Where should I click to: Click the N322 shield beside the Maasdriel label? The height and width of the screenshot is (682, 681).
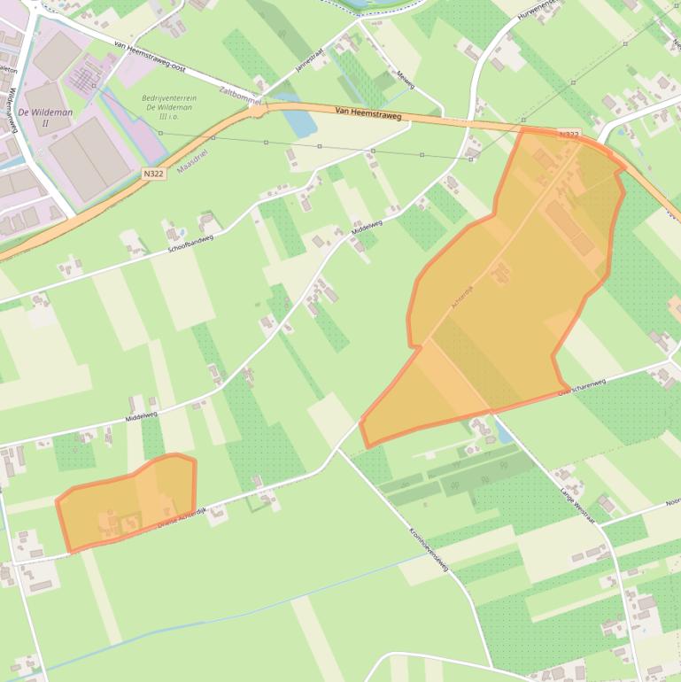(153, 174)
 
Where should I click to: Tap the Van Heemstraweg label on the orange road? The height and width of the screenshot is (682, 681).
(368, 114)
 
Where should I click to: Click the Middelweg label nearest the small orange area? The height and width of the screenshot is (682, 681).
(141, 414)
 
